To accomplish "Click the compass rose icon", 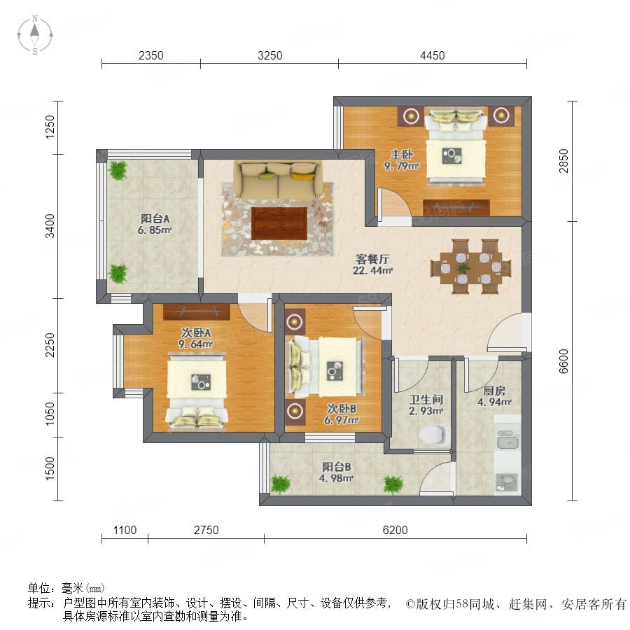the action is (35, 35).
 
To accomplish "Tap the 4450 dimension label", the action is (433, 55).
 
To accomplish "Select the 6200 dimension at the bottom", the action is (395, 530).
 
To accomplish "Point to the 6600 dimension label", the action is (563, 361).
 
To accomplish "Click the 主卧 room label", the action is (402, 154).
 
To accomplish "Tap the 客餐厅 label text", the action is (372, 259).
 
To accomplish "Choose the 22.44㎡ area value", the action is (372, 271).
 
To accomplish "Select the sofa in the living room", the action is (279, 180).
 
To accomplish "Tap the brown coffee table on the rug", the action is (279, 223).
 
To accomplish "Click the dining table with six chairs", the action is (471, 267).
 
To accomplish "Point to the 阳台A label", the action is (155, 219).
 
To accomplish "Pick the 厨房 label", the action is (494, 391).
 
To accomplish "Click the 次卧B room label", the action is (342, 409).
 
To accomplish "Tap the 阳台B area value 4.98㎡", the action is (336, 479).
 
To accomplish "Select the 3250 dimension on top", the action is (270, 55).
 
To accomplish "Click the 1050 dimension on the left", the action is (50, 414).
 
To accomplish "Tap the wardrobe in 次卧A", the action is (197, 311).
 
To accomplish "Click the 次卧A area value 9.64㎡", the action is (196, 344).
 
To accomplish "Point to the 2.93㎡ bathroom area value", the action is (426, 411).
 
